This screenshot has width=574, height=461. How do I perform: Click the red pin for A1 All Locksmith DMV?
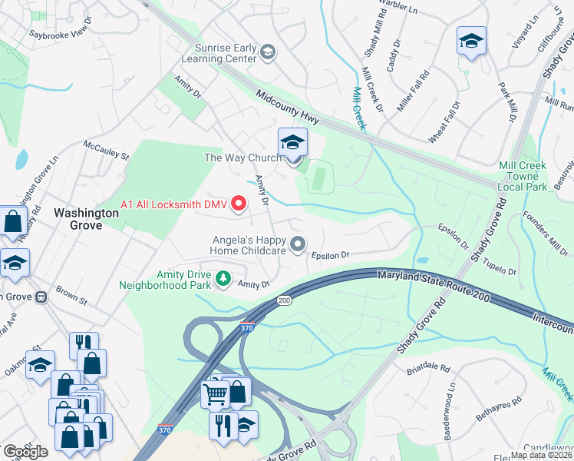(238, 204)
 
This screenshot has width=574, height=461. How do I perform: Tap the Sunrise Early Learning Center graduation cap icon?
(267, 52)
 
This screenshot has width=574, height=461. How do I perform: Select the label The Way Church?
(242, 158)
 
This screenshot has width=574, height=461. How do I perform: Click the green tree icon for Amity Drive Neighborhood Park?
(223, 277)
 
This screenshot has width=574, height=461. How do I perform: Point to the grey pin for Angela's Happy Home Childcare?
(298, 244)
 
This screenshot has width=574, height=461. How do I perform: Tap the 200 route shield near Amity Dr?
(284, 300)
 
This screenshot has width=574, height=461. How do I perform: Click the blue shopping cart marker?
(215, 395)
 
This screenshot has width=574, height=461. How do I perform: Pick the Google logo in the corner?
(25, 452)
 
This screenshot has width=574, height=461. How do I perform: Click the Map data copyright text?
(541, 455)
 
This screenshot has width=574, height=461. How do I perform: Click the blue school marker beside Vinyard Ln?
(471, 41)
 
